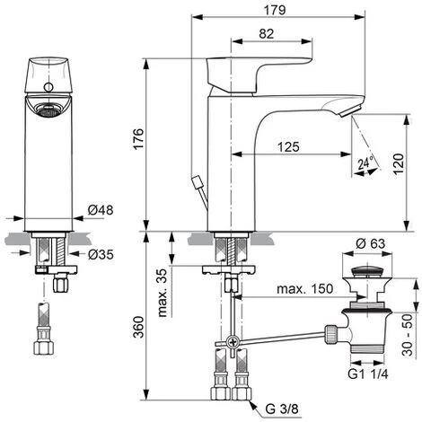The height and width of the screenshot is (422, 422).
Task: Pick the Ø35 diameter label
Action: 101,255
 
